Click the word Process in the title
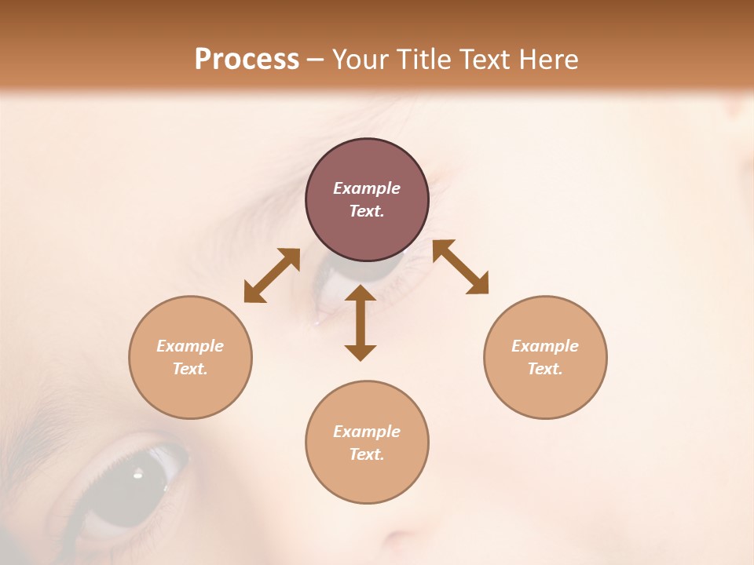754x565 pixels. point(247,60)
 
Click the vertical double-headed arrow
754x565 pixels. point(361,323)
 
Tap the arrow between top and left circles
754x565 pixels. point(272,275)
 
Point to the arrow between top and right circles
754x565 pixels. point(460,267)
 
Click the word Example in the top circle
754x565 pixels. point(367,188)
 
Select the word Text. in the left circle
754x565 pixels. point(190,369)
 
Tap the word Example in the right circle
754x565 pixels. point(545,346)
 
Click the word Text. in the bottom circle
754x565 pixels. point(367,454)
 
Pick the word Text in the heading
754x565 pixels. point(486,60)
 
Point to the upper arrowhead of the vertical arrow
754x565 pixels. point(361,295)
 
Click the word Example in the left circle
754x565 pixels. point(190,346)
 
